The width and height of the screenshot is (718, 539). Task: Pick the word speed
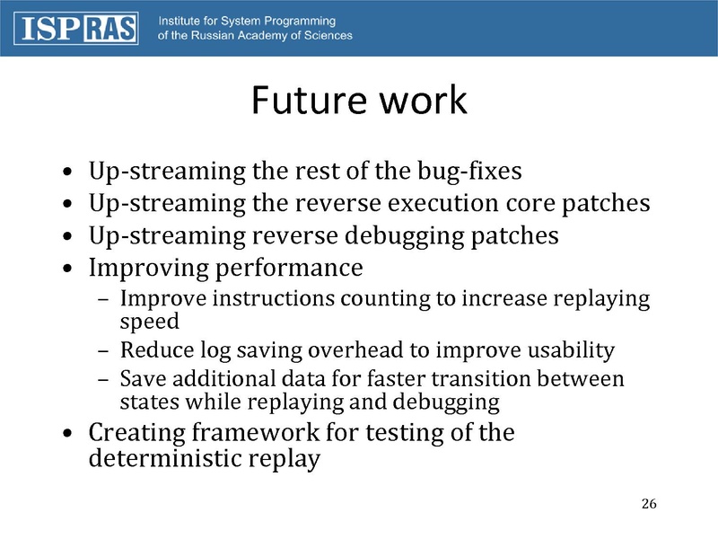(x=150, y=321)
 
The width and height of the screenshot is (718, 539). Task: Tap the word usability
(x=571, y=350)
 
